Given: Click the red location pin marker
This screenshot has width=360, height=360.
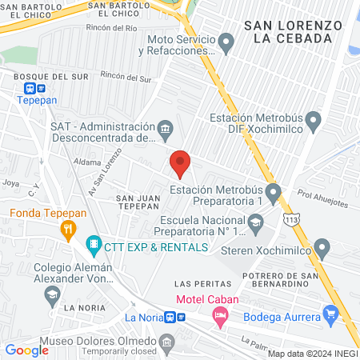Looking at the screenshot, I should [180, 164].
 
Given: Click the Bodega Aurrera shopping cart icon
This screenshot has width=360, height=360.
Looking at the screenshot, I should [330, 312].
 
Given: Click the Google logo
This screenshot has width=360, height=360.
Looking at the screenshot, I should [26, 350].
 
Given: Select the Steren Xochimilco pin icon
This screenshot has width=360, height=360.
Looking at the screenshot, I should [322, 247].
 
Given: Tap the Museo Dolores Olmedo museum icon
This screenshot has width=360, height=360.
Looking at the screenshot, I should [166, 345].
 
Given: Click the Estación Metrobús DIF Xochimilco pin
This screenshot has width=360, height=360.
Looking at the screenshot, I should [314, 122].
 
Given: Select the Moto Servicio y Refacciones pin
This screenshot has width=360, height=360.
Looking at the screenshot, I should [226, 42].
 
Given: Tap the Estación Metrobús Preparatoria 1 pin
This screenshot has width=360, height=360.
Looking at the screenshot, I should [274, 192].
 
